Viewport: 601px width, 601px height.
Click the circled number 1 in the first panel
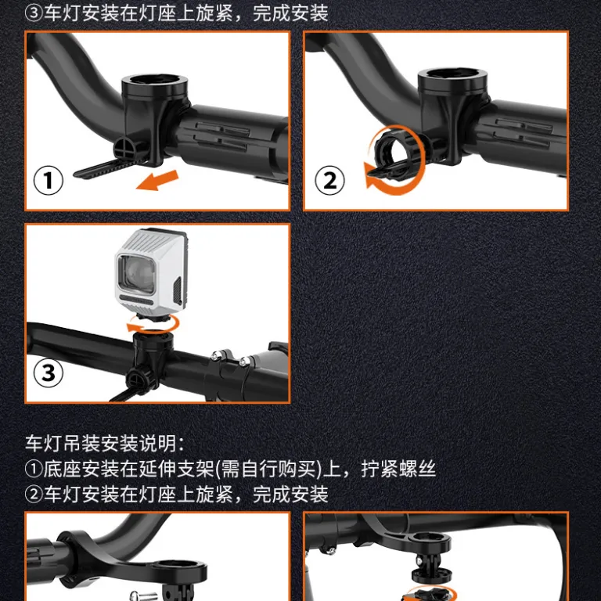(49, 180)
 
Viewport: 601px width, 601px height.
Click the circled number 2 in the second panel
(329, 180)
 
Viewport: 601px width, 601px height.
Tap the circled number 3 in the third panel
(49, 372)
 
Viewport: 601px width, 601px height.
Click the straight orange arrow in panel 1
(157, 180)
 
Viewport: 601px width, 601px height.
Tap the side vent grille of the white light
(178, 291)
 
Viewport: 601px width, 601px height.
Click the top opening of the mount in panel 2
(452, 74)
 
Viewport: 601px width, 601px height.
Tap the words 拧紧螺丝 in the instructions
(398, 469)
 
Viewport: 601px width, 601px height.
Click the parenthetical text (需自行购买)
(268, 469)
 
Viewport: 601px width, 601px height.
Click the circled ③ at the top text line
(34, 13)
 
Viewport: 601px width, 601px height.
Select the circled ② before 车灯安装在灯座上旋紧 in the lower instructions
(34, 494)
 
